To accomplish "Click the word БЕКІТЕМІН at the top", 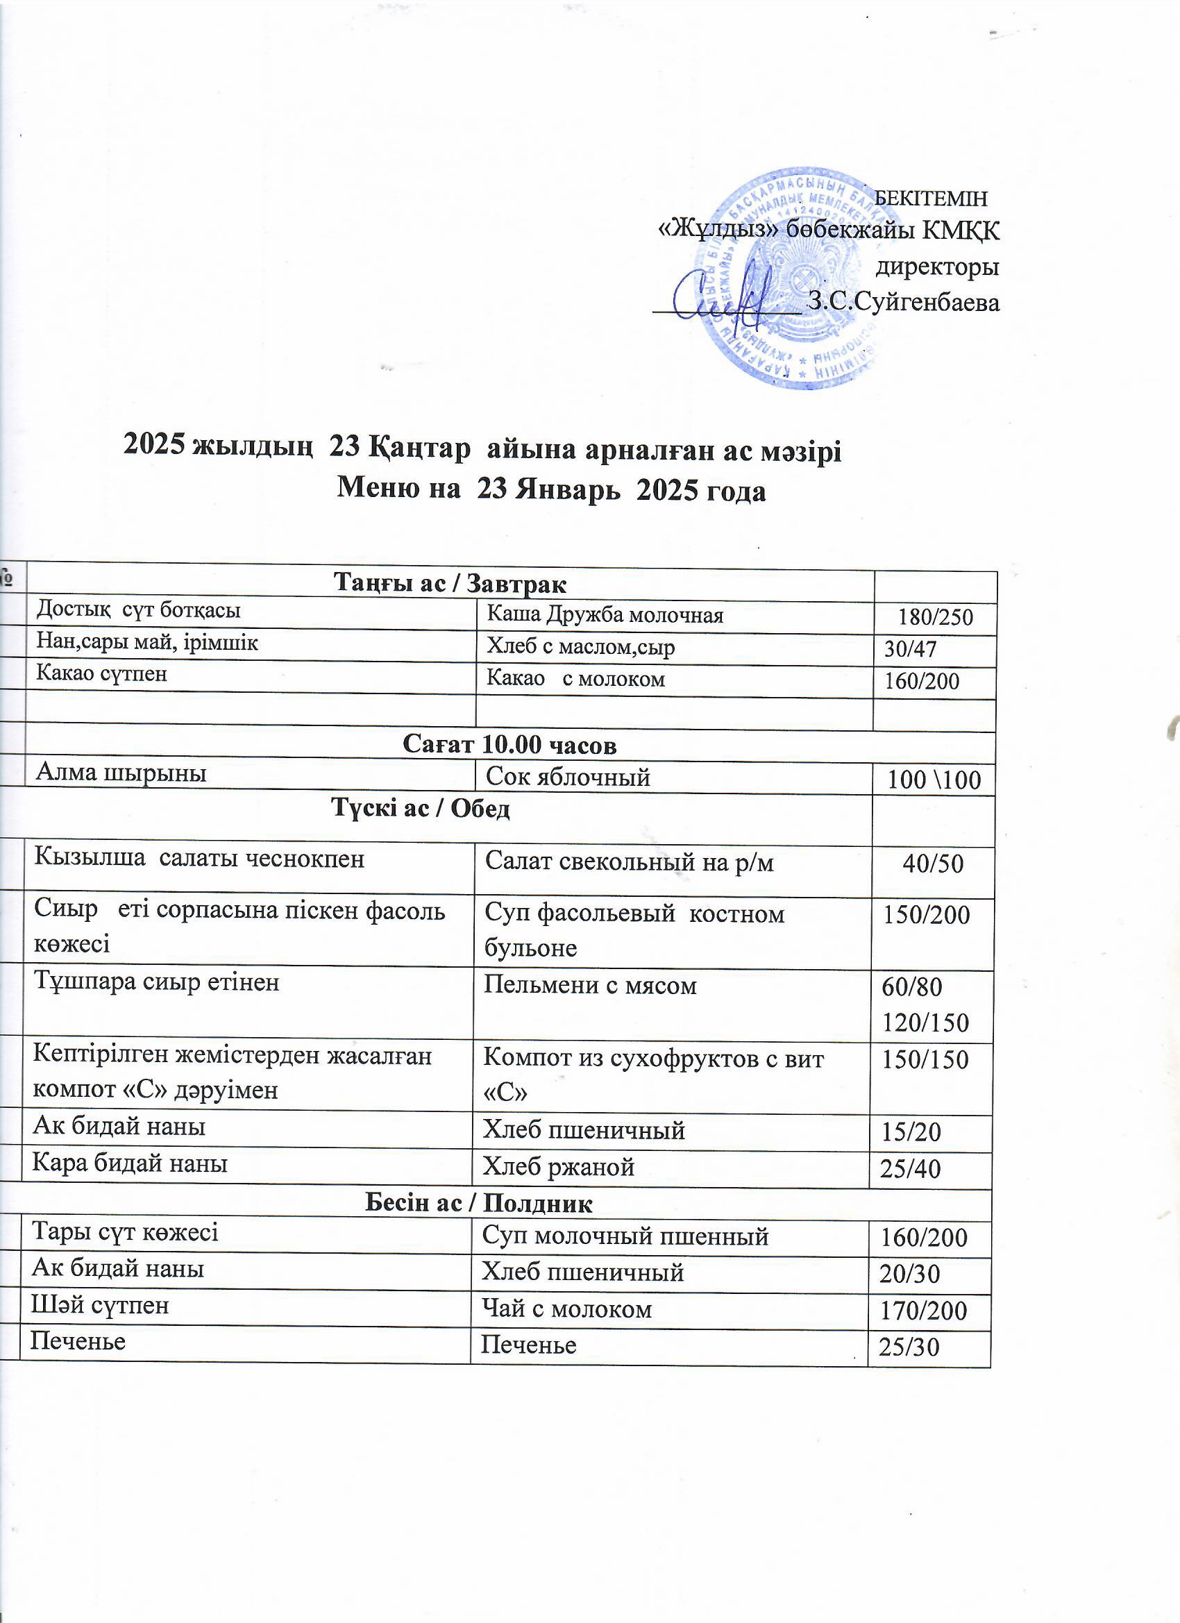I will click(x=931, y=199).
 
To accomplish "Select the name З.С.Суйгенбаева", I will click(x=903, y=302).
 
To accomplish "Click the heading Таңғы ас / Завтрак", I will click(x=450, y=584).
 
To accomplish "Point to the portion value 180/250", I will click(x=935, y=617).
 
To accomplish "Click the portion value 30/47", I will click(x=910, y=649).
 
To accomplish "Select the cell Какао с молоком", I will click(x=575, y=678).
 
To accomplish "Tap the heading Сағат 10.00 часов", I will click(x=509, y=745).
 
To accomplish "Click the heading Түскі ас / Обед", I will click(x=421, y=809).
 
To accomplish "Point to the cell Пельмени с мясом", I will click(x=589, y=986).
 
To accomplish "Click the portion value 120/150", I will click(x=925, y=1023).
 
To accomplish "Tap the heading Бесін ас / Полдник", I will click(x=479, y=1204).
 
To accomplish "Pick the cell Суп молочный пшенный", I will click(x=625, y=1236).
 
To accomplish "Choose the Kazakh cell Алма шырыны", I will click(x=121, y=773).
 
